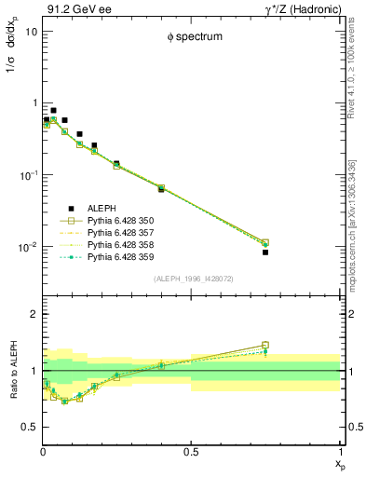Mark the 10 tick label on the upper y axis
coord(30,31)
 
